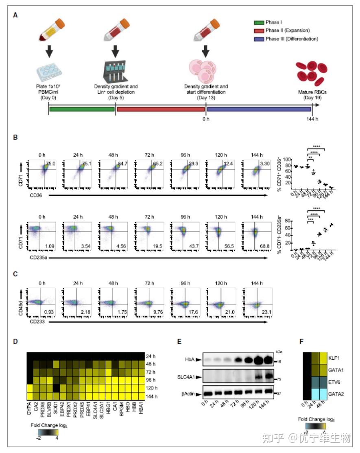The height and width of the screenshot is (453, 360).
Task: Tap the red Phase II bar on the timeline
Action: [x=160, y=109]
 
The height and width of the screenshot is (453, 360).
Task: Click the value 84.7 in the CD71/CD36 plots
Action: [x=122, y=164]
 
